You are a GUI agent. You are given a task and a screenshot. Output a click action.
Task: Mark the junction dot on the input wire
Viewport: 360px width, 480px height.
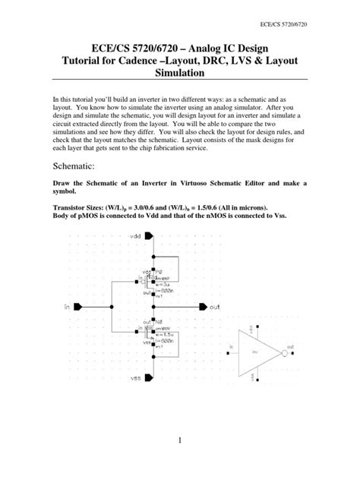(112, 307)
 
